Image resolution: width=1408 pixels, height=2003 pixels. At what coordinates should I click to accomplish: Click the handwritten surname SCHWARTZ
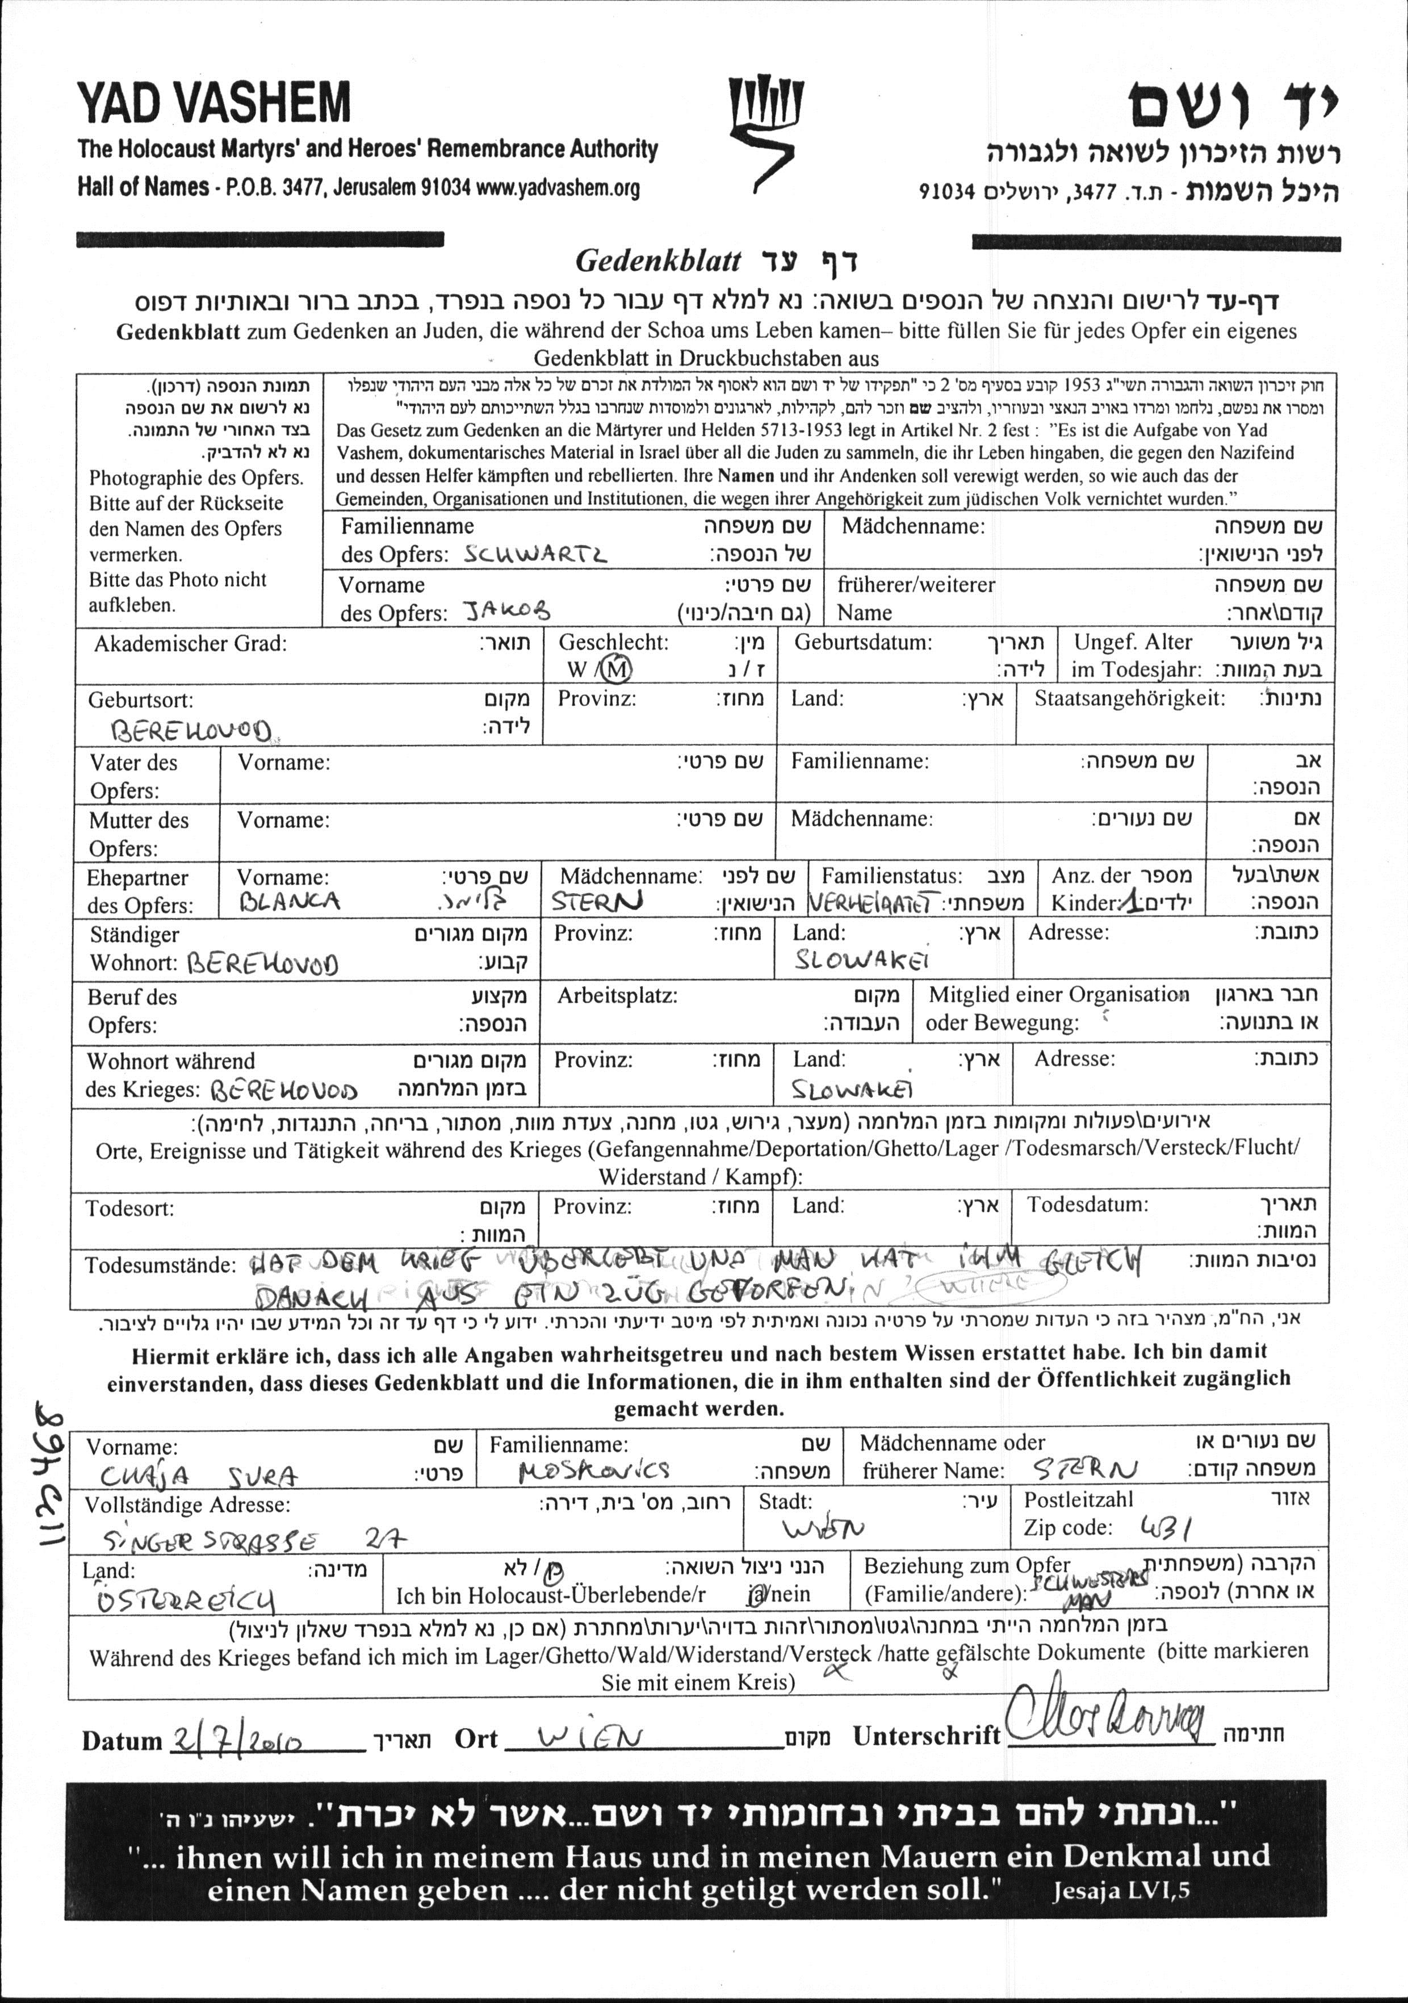coord(535,554)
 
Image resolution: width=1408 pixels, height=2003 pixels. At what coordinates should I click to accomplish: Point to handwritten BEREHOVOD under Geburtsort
coord(191,730)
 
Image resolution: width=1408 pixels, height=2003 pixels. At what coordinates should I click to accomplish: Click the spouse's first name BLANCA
coord(290,901)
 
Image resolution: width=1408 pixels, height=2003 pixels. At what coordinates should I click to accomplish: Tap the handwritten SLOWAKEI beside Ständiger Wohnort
coord(860,959)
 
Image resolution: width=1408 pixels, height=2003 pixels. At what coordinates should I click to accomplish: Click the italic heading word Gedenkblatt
coord(659,261)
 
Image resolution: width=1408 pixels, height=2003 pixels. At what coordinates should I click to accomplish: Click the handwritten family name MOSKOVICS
coord(594,1472)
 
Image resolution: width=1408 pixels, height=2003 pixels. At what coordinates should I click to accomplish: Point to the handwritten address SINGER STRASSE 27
coord(254,1539)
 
